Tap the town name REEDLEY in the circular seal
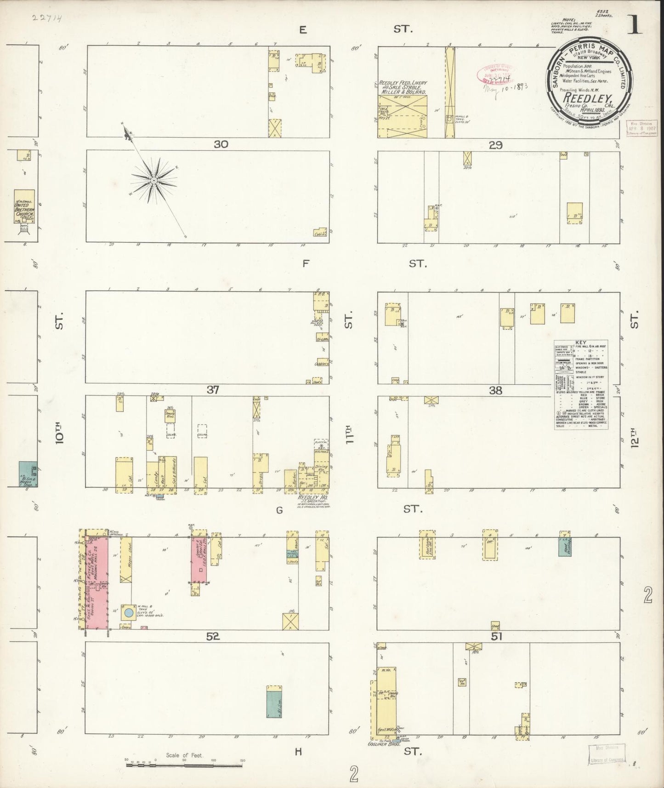[588, 98]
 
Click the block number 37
[213, 390]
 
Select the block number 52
[213, 636]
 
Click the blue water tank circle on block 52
[129, 612]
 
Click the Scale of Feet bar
[184, 765]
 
